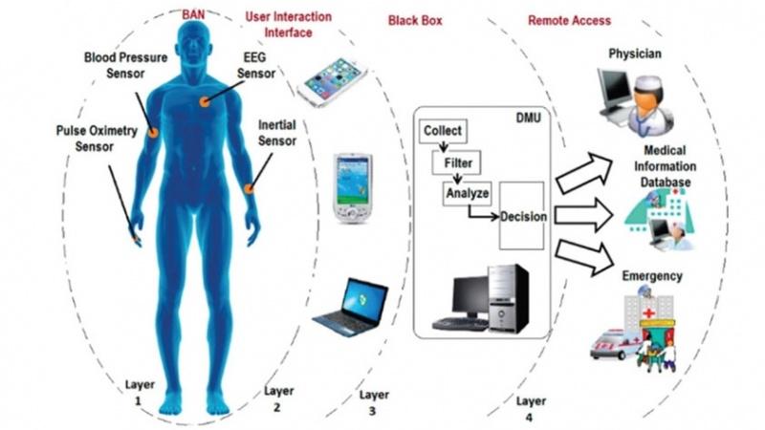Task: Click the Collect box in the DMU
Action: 443,131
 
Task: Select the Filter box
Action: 456,162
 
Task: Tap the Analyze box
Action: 467,194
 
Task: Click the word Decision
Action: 523,217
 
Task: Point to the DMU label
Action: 529,118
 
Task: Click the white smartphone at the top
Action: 332,81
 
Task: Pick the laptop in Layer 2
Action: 350,307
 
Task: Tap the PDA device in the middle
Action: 352,188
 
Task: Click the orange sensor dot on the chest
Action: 205,102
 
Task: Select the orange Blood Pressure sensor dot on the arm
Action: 153,132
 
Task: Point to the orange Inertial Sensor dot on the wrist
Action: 249,188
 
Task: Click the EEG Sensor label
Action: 256,65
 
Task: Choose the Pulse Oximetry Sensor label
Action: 97,139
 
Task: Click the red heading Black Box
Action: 415,20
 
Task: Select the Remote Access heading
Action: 569,20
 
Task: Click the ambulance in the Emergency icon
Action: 611,345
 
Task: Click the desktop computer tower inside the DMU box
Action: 508,298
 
